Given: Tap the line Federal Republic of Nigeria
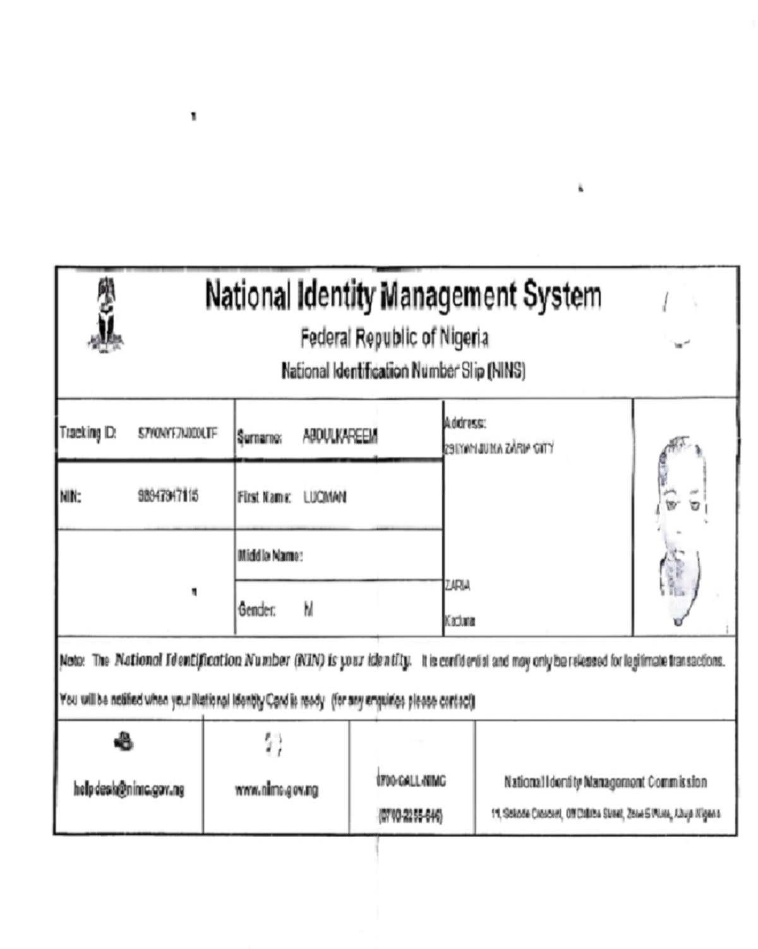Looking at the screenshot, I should tap(394, 338).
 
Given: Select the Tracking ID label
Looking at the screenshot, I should tap(88, 433).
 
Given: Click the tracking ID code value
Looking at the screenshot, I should tap(177, 433).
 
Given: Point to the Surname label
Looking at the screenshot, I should tap(260, 437).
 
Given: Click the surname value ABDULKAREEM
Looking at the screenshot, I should tap(340, 436).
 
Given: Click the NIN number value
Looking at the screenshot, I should tap(168, 496).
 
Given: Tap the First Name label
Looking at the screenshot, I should tap(264, 497).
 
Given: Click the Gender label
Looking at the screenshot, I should tap(256, 610).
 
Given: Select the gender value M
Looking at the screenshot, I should tap(308, 610).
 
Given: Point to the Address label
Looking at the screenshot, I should tap(465, 422).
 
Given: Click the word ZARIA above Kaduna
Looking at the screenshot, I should tap(457, 586).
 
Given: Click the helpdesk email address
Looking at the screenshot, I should tap(129, 789).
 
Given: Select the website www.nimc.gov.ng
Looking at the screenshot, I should tap(277, 790).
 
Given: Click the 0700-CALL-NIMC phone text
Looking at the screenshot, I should tap(411, 782).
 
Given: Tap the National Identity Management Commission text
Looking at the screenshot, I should tap(605, 782).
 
